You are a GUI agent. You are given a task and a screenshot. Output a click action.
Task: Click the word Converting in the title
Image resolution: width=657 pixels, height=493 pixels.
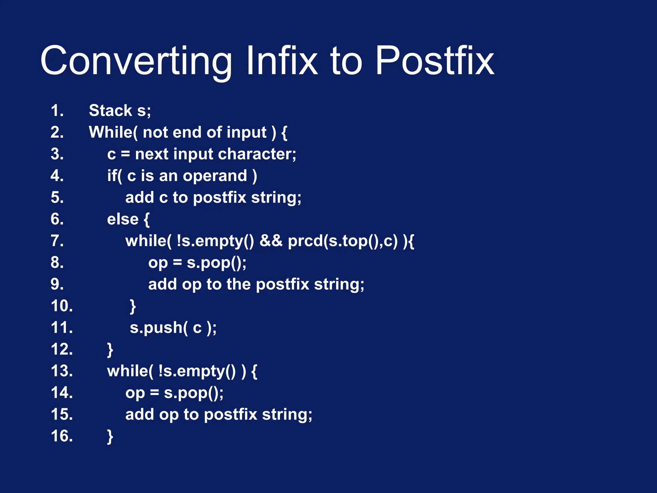pyautogui.click(x=136, y=61)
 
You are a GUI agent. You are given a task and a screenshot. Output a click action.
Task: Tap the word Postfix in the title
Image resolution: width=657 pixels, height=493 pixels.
pyautogui.click(x=434, y=61)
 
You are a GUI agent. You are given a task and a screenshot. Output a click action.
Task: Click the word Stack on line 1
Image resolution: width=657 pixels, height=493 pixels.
pyautogui.click(x=110, y=111)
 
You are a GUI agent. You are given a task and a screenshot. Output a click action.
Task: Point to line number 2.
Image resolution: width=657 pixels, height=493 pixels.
pyautogui.click(x=57, y=133)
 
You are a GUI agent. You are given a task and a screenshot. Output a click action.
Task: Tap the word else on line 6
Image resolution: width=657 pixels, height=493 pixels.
pyautogui.click(x=123, y=220)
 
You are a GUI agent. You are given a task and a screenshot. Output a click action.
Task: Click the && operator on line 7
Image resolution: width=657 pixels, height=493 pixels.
pyautogui.click(x=271, y=241)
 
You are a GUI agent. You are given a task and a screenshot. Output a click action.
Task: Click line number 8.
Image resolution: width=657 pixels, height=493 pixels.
pyautogui.click(x=57, y=263)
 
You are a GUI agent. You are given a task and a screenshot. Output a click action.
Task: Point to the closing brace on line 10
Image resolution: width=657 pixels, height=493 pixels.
pyautogui.click(x=133, y=307)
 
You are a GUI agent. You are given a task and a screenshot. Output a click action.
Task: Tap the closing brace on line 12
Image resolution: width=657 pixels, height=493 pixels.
pyautogui.click(x=110, y=350)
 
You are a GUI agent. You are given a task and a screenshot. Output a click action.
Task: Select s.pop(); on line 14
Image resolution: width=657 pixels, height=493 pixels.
pyautogui.click(x=194, y=393)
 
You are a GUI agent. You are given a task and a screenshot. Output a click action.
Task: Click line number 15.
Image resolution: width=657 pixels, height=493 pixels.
pyautogui.click(x=62, y=414)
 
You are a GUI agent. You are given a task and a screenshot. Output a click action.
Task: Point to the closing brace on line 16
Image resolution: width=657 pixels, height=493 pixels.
pyautogui.click(x=110, y=437)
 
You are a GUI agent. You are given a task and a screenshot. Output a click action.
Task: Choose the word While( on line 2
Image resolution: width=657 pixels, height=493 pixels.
pyautogui.click(x=113, y=133)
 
